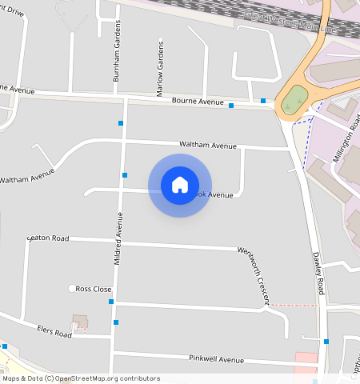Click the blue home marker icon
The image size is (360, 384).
point(180,185)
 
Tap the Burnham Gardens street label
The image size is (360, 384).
point(117,60)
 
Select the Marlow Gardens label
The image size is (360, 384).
point(161,63)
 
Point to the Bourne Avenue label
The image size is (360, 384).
point(198,102)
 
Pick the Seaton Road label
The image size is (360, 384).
point(48,238)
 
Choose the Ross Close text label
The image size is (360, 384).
point(94,289)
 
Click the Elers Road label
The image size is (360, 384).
point(54,330)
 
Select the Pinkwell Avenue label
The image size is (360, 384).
point(216,359)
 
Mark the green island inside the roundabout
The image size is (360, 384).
point(294,99)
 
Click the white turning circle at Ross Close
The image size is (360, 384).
point(72,288)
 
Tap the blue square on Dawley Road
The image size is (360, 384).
point(326,342)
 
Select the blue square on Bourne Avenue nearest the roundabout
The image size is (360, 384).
point(263,101)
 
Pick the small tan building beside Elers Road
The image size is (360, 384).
point(80,322)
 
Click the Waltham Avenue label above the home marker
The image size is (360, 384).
point(208,146)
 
